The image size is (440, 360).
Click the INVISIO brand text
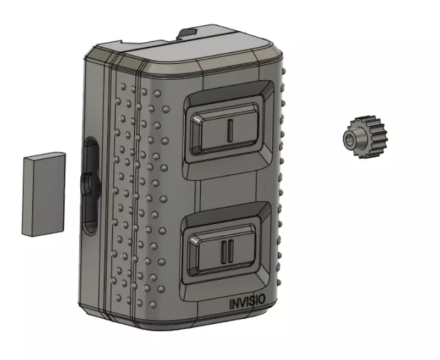point(246,301)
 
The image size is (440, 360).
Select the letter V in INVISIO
point(243,301)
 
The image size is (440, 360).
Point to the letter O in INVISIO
point(262,300)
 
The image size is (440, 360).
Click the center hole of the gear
point(350,139)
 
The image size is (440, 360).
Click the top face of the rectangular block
point(44,156)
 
